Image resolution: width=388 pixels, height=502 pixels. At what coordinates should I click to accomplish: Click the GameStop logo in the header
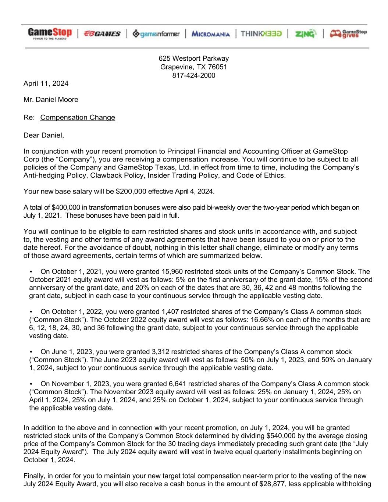50,33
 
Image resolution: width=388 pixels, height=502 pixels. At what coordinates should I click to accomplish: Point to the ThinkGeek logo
261,34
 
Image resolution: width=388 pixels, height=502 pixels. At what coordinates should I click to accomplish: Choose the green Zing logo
305,34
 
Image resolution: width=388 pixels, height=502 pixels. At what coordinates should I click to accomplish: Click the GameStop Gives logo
348,33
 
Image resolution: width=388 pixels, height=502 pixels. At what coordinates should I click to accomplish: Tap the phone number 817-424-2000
193,76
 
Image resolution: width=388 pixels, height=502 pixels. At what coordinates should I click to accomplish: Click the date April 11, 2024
46,83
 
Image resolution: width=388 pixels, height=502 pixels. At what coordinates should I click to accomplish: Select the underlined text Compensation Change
78,117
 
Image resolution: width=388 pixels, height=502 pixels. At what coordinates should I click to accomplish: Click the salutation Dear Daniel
43,135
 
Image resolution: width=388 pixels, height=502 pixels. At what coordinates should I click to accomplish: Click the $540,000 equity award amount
220,435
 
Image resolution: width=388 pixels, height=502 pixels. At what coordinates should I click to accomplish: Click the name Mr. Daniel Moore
51,99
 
